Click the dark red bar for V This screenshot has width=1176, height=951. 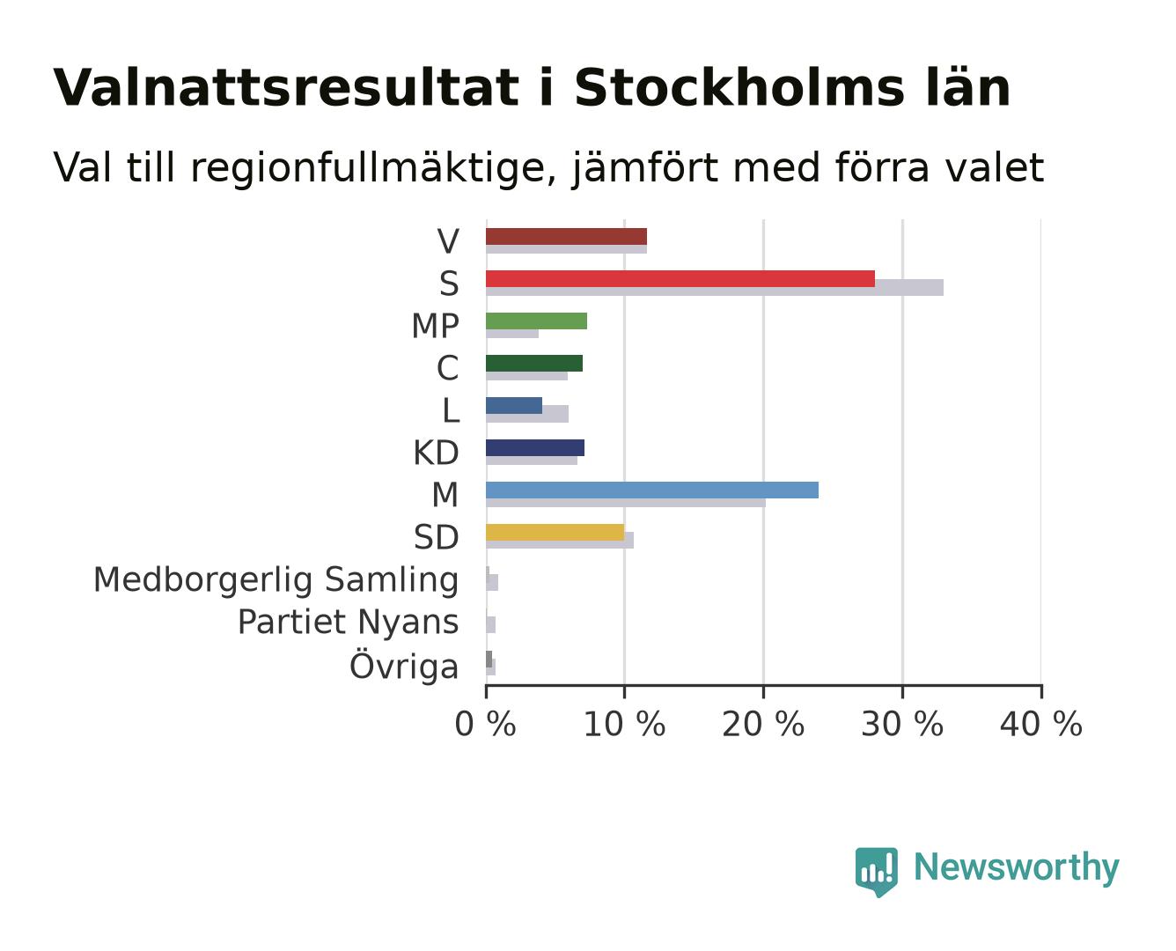click(x=566, y=236)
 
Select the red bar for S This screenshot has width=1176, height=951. click(x=680, y=279)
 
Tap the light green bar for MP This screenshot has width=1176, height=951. click(x=536, y=321)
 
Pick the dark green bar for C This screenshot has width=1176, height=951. click(x=534, y=364)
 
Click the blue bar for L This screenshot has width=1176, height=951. click(x=514, y=405)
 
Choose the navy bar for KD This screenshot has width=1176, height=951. click(x=535, y=448)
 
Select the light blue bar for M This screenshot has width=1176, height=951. click(x=652, y=490)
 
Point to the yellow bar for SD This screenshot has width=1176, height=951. click(x=555, y=533)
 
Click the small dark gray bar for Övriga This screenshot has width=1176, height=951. click(x=489, y=659)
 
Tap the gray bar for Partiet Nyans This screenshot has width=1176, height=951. click(x=490, y=624)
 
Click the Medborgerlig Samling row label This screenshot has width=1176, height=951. click(x=276, y=580)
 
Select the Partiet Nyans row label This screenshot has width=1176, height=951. click(x=349, y=623)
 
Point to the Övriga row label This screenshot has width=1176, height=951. click(x=404, y=665)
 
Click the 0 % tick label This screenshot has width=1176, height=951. click(x=485, y=724)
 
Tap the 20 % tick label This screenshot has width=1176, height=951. click(x=763, y=724)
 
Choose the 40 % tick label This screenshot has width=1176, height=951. click(x=1041, y=724)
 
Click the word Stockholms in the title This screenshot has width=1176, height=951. click(x=739, y=88)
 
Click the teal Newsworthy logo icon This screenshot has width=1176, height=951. click(x=876, y=872)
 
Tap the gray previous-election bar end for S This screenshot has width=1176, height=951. click(x=943, y=287)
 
